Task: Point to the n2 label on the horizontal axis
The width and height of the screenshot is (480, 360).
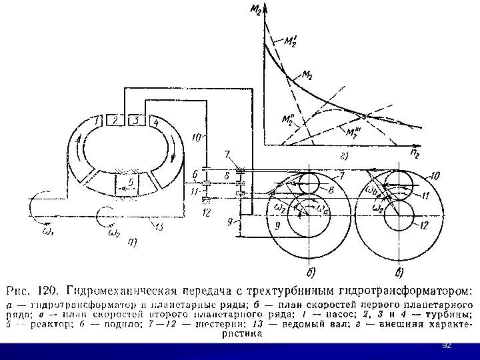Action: click(415, 153)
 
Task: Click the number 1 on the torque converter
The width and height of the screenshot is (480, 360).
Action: click(98, 121)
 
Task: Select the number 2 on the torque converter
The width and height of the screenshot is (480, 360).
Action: click(115, 121)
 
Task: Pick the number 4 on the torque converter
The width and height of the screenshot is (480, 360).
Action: click(155, 122)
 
